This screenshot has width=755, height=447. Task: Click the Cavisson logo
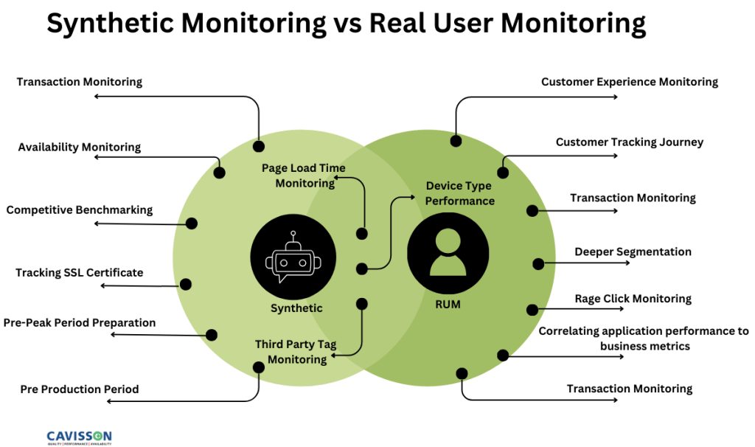[79, 437]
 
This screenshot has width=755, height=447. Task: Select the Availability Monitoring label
[80, 147]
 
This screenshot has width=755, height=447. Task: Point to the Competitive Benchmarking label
[80, 210]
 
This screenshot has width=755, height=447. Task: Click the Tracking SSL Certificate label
[80, 273]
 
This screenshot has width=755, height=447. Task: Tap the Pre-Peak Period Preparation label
[80, 322]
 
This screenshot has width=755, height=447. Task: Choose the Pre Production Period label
[80, 389]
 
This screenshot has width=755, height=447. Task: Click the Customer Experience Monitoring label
[630, 82]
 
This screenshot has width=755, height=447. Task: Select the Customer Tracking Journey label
[630, 142]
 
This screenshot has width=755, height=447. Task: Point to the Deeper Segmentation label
[633, 252]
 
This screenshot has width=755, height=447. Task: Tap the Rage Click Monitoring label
[633, 299]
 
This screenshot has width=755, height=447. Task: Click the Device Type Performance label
[460, 193]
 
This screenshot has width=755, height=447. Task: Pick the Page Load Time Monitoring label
[304, 176]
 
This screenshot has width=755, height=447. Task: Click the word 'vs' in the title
[347, 24]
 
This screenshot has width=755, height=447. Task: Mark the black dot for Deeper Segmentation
[538, 263]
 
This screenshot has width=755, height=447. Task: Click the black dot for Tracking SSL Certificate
[186, 284]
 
